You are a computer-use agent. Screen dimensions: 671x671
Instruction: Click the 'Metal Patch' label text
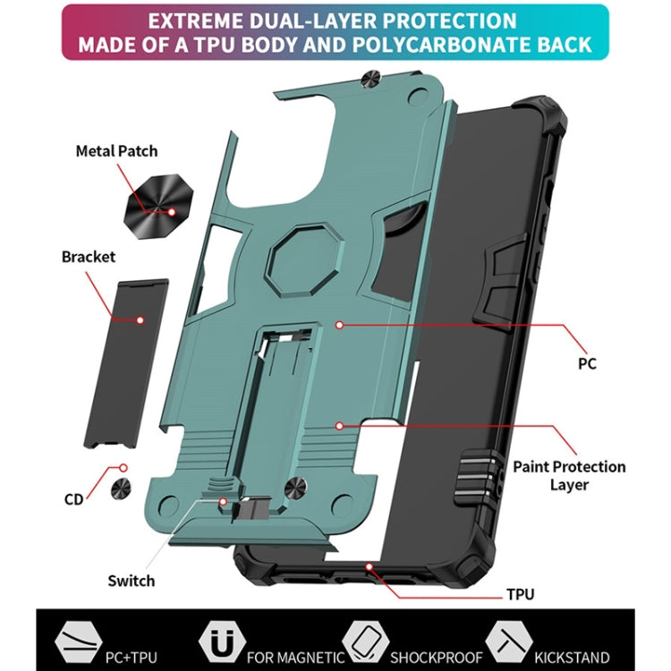(x=116, y=151)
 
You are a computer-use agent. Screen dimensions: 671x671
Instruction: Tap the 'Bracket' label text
(x=89, y=257)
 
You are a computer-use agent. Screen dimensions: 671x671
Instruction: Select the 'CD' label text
(x=73, y=499)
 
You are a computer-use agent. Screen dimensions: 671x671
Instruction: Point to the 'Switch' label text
(x=131, y=581)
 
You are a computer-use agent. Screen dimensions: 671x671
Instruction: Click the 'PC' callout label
(x=587, y=364)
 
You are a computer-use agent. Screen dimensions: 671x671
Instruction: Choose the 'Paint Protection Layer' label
(x=569, y=475)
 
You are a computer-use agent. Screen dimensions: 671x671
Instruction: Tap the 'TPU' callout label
(x=521, y=594)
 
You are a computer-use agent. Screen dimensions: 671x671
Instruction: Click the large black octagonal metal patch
(x=157, y=207)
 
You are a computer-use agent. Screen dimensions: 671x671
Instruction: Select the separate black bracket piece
(x=126, y=364)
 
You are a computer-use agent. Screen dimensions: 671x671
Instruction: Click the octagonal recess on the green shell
(x=305, y=259)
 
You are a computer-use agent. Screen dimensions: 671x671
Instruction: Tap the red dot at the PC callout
(x=339, y=326)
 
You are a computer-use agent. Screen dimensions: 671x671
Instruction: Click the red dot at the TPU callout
(x=369, y=567)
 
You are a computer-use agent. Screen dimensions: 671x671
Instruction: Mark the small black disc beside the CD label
(x=121, y=489)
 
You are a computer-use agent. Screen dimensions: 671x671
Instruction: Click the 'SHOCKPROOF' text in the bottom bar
(x=436, y=657)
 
